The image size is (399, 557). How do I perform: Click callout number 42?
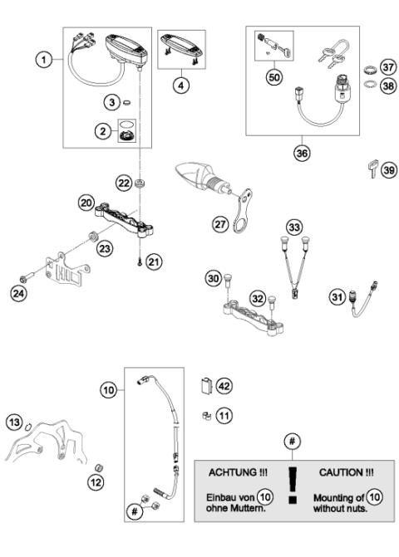point(224,384)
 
